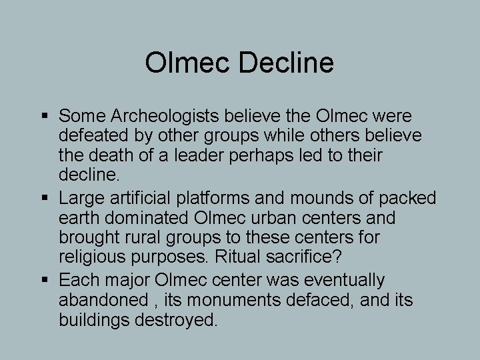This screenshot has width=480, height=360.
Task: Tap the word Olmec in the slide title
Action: (187, 63)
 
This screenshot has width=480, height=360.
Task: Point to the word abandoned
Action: (101, 301)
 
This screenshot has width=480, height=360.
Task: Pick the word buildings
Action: (97, 321)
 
